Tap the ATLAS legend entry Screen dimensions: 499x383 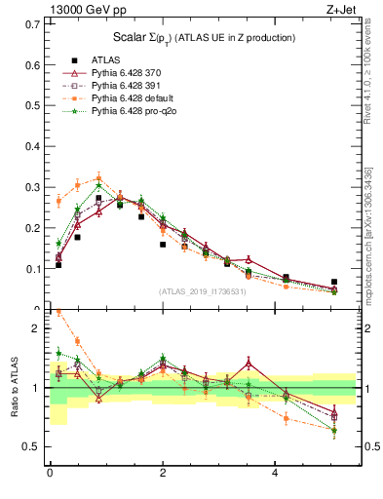point(105,59)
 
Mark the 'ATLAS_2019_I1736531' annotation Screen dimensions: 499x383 point(203,291)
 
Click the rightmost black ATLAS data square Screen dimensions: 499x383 point(334,282)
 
